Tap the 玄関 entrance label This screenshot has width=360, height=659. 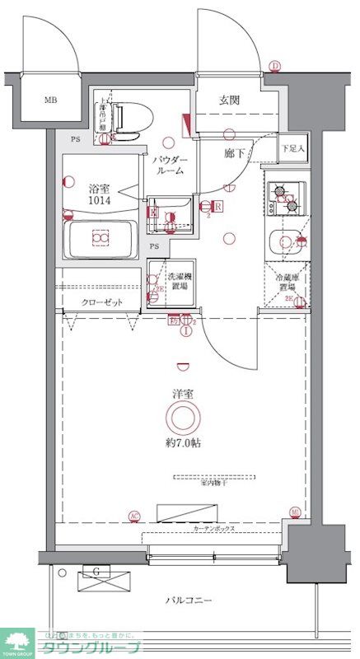pos(229,100)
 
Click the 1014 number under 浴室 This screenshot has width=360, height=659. pos(99,199)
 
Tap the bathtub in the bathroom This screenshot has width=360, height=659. pos(100,239)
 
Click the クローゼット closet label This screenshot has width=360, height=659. pos(101,302)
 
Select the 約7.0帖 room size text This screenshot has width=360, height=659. pos(183,443)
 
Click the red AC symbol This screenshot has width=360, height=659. pos(133,516)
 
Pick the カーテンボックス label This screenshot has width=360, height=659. pos(215,526)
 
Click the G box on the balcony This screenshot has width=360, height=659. pos(97,572)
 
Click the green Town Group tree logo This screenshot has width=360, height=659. pos(16,639)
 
